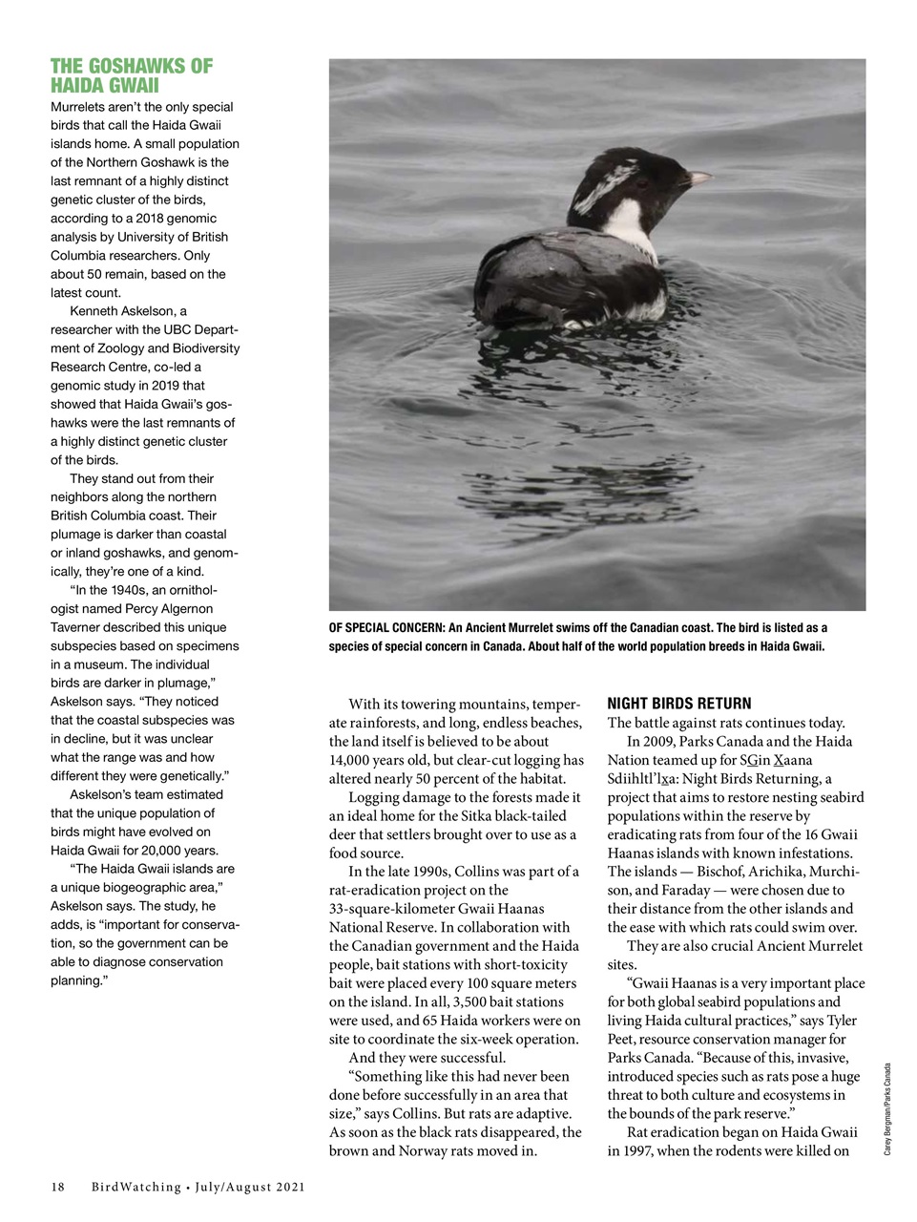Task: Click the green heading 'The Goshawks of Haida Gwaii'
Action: [x=132, y=75]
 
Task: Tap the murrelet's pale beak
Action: [x=698, y=178]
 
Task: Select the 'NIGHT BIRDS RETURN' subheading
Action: [x=678, y=704]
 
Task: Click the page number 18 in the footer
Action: [x=57, y=1187]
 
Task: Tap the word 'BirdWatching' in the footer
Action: [x=136, y=1187]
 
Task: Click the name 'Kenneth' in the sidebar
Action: [x=99, y=311]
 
